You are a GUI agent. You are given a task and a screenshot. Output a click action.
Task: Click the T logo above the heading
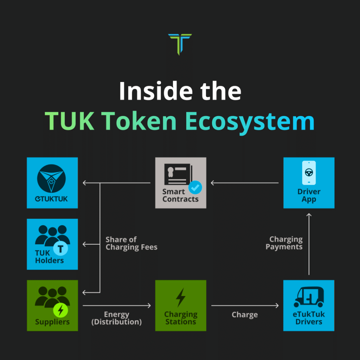[180, 44]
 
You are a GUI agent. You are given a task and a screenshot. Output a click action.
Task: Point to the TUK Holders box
[52, 244]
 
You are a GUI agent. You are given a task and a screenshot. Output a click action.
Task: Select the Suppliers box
[52, 305]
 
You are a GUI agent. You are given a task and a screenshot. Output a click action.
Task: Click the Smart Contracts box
[181, 183]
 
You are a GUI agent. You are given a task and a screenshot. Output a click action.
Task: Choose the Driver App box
[309, 183]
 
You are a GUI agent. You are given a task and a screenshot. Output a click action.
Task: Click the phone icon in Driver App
[309, 173]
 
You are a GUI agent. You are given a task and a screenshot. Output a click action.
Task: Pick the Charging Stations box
[181, 305]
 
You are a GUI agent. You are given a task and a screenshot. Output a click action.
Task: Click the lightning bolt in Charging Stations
[181, 297]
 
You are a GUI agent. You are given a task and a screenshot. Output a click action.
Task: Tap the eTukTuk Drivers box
[309, 305]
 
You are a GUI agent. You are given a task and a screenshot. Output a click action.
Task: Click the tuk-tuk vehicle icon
[309, 297]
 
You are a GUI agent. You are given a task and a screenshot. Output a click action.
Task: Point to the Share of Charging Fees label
[131, 243]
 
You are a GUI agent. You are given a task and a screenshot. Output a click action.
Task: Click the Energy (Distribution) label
[117, 318]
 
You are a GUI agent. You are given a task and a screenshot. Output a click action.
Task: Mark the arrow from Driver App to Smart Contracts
[245, 183]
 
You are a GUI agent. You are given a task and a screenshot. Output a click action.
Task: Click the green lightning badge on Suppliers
[61, 310]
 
